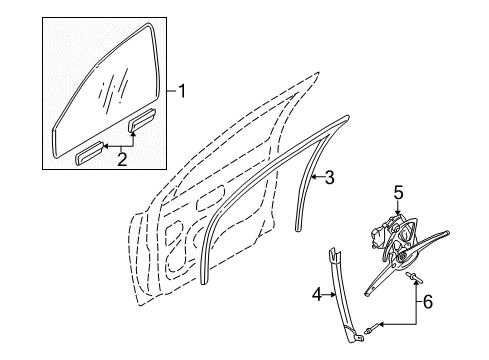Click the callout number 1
[x=181, y=91]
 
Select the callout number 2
[x=122, y=159]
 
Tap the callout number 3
[x=329, y=177]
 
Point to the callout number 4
[x=317, y=295]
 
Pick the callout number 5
[x=398, y=193]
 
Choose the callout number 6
[x=428, y=302]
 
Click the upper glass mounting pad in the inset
[x=142, y=119]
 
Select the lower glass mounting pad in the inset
[x=90, y=153]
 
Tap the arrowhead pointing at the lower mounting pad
[x=106, y=146]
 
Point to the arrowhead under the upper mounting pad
[x=133, y=134]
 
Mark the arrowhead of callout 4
[x=333, y=294]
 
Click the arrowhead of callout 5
[x=398, y=212]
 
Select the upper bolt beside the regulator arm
[x=414, y=278]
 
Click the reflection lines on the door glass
[x=113, y=89]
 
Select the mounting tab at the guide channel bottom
[x=359, y=338]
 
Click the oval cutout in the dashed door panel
[x=211, y=199]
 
